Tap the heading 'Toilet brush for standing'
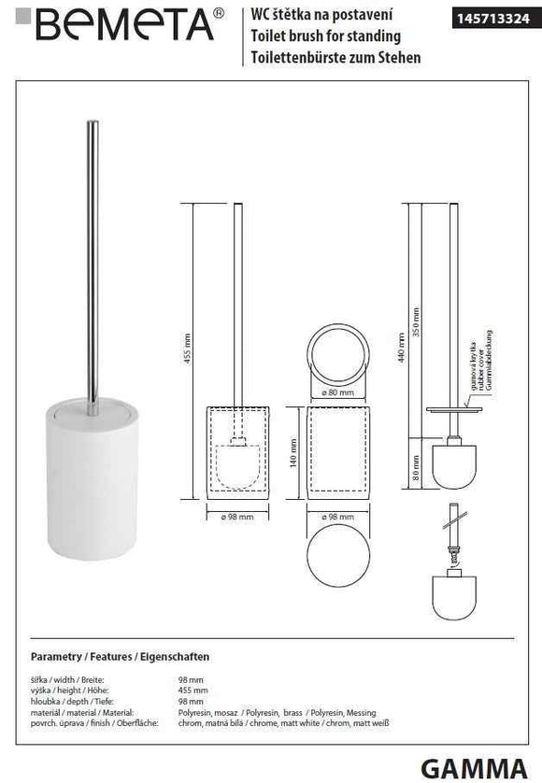tap(326, 36)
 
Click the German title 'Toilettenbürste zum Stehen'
tap(337, 57)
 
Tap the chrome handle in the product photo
tap(93, 262)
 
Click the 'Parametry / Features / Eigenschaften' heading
tap(120, 656)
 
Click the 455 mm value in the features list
tap(192, 689)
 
